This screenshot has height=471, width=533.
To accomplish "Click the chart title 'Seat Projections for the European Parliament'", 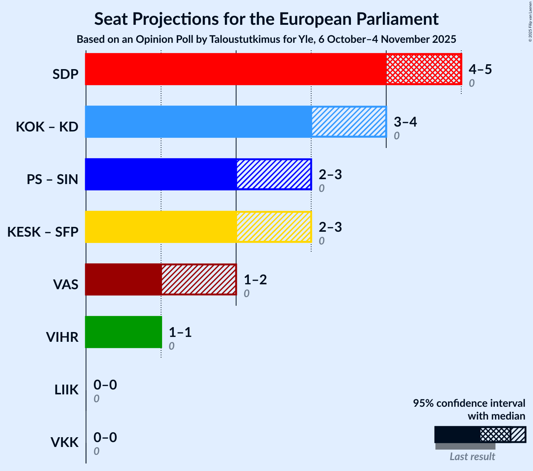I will pos(266,19).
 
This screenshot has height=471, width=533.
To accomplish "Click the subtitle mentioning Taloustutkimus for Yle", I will pos(266,39).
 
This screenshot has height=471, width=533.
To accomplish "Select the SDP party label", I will pos(65,74).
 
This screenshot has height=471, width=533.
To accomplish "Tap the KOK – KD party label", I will pos(47,127).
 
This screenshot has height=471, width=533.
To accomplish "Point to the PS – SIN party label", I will pos(52,180).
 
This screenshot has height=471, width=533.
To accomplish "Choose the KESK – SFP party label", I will pos(43,232).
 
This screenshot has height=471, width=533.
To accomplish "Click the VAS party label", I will pos(66,285).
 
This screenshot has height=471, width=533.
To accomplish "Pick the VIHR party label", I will pos(62,337).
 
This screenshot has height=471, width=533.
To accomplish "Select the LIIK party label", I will pos(66,390).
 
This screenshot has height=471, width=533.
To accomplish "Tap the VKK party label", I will pos(65,442).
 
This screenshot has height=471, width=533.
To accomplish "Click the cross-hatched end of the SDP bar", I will pos(423,69).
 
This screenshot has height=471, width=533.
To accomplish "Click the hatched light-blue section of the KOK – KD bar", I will pos(349,122).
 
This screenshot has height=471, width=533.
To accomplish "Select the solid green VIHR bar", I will pos(123,332).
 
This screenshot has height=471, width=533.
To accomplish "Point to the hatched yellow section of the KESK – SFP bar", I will pos(274,227).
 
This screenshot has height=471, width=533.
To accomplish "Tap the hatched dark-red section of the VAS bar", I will pos(199,279).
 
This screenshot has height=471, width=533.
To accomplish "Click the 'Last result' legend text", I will pos(472,456).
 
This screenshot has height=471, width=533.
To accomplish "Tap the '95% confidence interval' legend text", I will pos(469,403).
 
